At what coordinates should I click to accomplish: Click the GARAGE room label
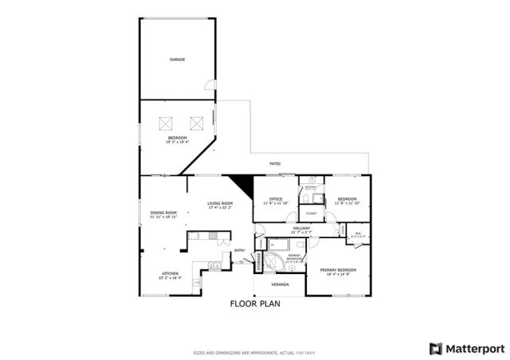(177, 60)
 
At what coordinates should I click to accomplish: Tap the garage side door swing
(209, 85)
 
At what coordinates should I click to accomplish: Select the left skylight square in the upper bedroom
(166, 123)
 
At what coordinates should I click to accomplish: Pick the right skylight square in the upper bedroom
(195, 123)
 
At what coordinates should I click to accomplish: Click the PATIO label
(274, 164)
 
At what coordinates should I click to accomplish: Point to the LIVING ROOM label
(220, 205)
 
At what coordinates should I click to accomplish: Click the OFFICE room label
(277, 199)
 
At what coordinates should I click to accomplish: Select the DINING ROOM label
(163, 213)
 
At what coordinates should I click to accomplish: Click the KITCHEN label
(168, 273)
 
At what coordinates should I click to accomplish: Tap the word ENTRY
(239, 251)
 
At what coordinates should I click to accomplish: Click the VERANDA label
(279, 284)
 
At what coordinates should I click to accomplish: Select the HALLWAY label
(301, 229)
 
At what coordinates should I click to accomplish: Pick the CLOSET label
(311, 213)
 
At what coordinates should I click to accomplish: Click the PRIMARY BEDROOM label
(339, 270)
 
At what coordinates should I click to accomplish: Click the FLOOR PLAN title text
(255, 303)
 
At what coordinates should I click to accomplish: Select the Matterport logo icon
(434, 348)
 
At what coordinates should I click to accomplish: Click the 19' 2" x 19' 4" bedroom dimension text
(177, 143)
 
